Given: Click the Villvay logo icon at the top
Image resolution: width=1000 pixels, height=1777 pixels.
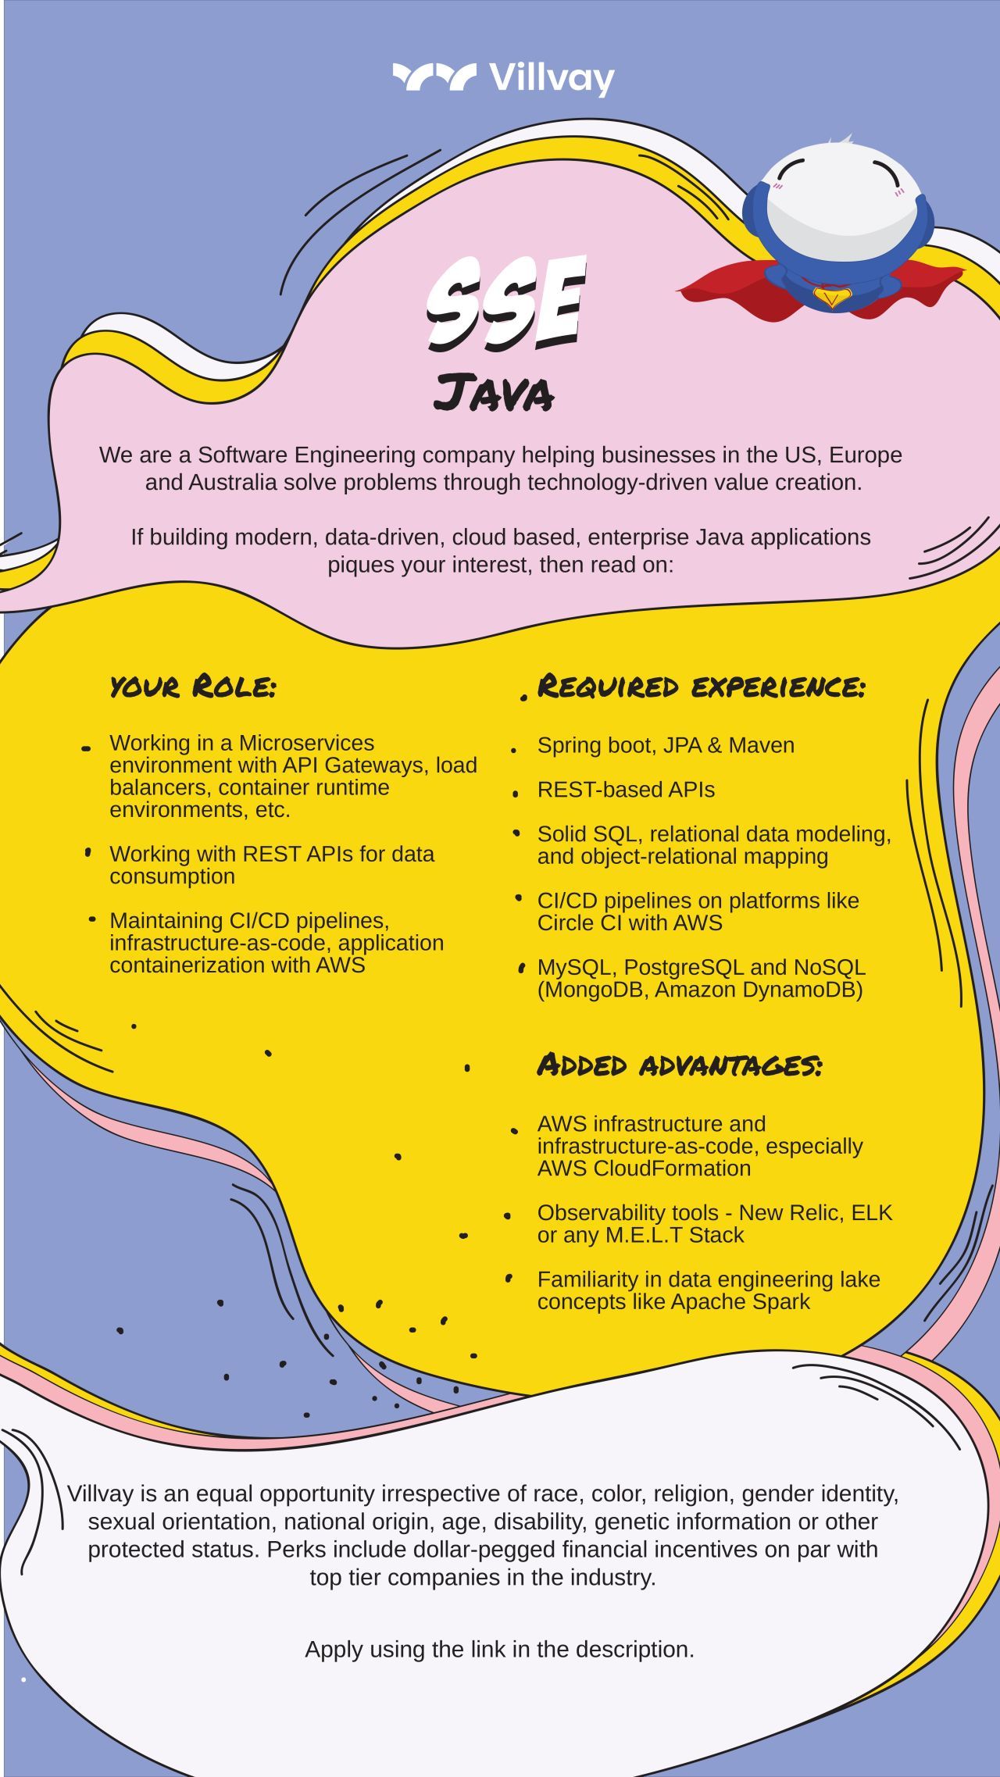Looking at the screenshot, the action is tap(434, 77).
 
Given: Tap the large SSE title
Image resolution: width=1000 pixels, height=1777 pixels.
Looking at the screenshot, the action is tap(505, 303).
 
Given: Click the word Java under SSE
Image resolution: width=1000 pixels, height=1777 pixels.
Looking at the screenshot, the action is tap(494, 392).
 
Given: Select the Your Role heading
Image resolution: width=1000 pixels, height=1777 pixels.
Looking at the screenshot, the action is tap(193, 687).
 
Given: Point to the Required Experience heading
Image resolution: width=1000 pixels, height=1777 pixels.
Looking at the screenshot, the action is tap(702, 687).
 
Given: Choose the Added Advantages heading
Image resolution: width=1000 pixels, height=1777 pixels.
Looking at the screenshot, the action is tap(680, 1065).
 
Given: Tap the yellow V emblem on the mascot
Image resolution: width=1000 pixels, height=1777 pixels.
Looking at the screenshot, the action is tap(831, 297).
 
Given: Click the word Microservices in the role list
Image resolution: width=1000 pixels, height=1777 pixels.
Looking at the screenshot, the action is tap(306, 743).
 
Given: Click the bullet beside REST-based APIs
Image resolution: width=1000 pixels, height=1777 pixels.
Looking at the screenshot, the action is tap(515, 794).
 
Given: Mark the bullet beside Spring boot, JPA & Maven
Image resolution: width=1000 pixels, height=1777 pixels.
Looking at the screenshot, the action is tap(513, 750).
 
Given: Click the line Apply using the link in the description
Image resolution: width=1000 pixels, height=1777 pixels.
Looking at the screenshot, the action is tap(500, 1649).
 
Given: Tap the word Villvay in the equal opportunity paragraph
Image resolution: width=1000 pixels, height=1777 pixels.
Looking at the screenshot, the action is tap(101, 1493).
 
